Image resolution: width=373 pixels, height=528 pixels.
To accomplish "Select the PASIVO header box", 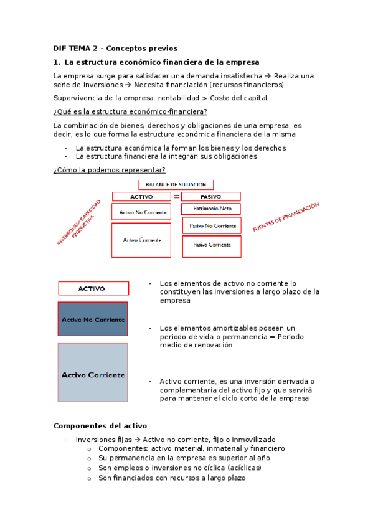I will coord(210,196).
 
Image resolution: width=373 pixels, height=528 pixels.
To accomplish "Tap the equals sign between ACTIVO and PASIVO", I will coord(177,196).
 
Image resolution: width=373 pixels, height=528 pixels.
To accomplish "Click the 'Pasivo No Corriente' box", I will coord(211,225).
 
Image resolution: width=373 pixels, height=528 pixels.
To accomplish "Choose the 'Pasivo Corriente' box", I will coord(211,246).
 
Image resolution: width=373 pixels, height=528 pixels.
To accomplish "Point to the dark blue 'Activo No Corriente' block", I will coord(93,319).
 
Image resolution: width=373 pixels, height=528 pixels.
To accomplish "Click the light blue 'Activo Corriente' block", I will coord(93,375).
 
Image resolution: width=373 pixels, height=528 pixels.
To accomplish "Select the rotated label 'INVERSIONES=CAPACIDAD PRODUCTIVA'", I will coord(79,225).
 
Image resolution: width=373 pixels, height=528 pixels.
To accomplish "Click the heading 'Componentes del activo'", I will coord(100,426).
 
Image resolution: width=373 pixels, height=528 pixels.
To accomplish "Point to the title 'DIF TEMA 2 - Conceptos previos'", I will coord(116,48).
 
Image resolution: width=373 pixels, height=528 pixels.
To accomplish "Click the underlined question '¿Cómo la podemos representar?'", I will coord(110,170).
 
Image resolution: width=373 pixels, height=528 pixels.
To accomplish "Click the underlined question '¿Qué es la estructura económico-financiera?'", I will coord(130,111).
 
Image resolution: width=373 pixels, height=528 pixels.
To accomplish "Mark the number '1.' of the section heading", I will coord(57,62).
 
